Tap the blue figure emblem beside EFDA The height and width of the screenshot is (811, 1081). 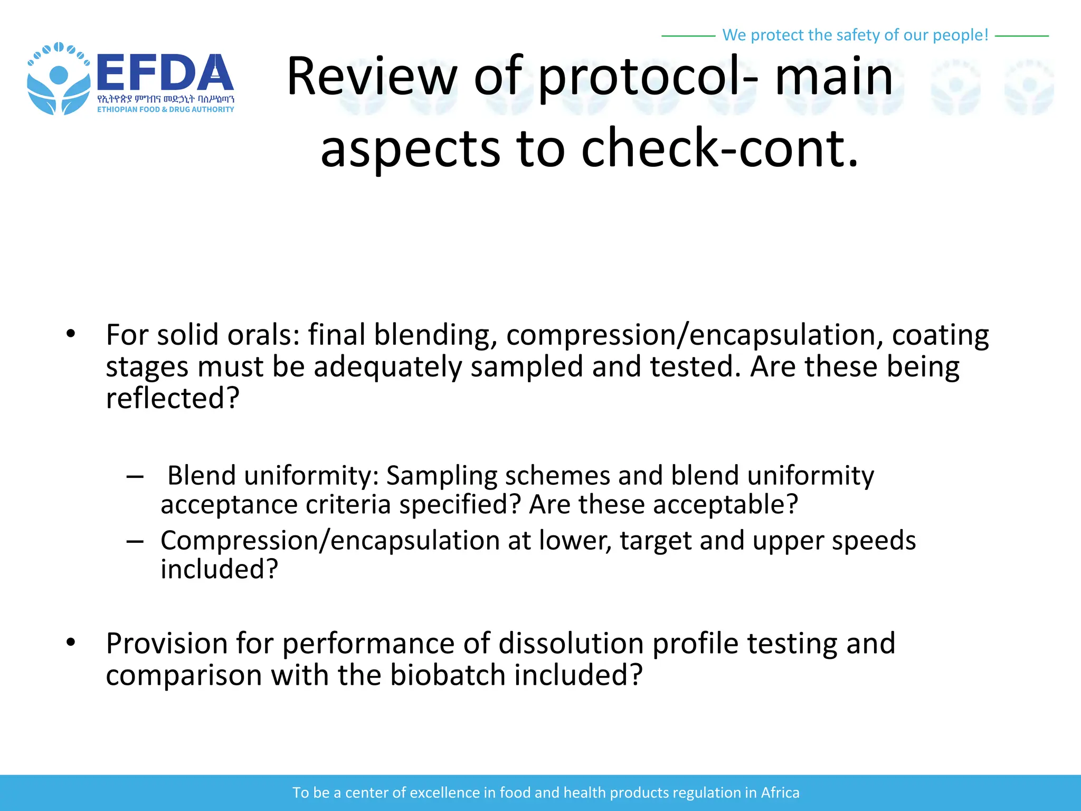click(58, 79)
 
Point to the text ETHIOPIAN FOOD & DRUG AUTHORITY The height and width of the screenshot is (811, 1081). click(165, 109)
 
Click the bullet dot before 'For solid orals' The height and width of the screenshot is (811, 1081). click(71, 334)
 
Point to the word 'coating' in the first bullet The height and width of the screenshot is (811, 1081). click(940, 335)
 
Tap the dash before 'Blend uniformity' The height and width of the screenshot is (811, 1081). click(135, 477)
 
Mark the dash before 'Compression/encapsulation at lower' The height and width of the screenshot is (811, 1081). click(135, 542)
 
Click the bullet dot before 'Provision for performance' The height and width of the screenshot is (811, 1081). click(71, 643)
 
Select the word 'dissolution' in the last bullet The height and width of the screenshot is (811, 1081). click(571, 643)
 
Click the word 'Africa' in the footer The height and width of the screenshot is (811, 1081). click(780, 793)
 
